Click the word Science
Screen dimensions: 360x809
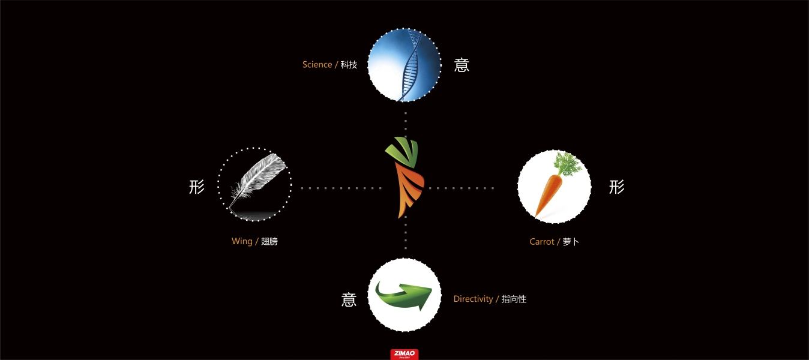coord(317,65)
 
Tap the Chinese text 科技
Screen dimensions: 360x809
coord(349,65)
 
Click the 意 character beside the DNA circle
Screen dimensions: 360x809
coord(462,65)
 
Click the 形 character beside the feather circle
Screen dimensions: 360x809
coord(197,187)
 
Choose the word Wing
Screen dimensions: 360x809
coord(242,241)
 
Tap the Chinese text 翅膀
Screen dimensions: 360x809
coord(269,241)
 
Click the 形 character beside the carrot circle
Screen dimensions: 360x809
coord(616,187)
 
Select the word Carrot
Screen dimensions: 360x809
coord(542,242)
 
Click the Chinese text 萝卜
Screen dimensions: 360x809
coord(571,242)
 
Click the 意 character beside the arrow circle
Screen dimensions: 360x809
coord(349,299)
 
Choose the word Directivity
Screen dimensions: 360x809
coord(473,299)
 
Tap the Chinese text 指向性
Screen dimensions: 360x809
coord(514,299)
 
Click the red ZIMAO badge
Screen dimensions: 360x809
coord(404,355)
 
